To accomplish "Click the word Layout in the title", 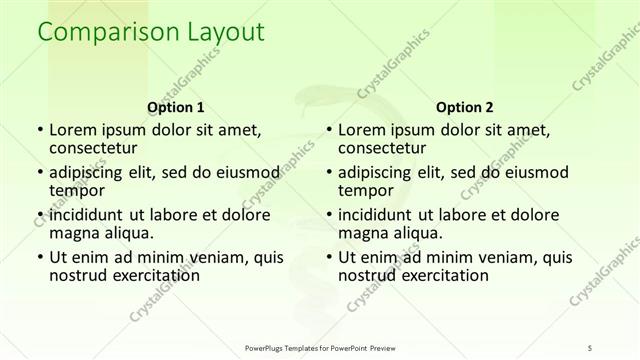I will click(x=223, y=33).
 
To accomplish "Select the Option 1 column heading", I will click(x=176, y=107).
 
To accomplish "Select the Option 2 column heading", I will click(x=464, y=107).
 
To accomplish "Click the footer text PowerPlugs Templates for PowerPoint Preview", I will click(x=327, y=347).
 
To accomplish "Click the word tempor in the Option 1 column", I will click(x=77, y=190).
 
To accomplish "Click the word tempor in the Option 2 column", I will click(x=365, y=190).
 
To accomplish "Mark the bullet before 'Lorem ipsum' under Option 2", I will click(x=327, y=129).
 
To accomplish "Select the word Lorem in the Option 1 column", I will click(x=74, y=129).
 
